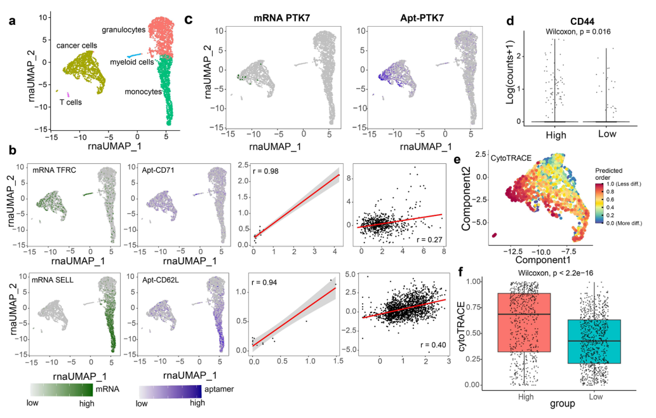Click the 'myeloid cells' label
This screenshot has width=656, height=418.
[x=132, y=62]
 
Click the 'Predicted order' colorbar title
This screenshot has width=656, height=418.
[x=611, y=175]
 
